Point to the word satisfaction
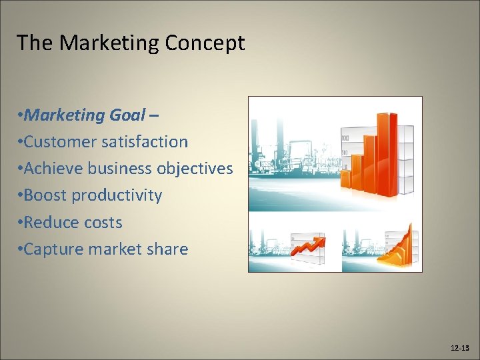[x=145, y=142]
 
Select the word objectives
[x=195, y=169]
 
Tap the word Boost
[x=45, y=195]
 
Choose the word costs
[x=103, y=222]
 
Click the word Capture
[x=53, y=249]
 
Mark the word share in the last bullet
[x=168, y=249]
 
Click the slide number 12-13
[x=459, y=348]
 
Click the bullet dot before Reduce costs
[x=21, y=223]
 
